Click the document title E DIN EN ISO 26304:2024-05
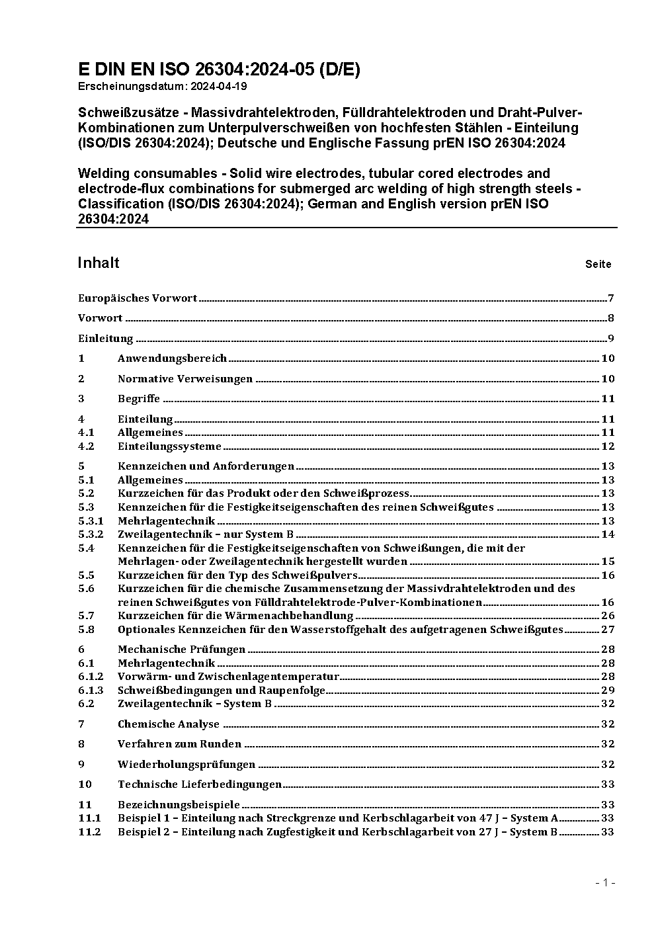[219, 69]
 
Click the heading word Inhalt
[99, 263]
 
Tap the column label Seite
[598, 264]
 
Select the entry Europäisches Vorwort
[138, 298]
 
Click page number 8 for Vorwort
[611, 318]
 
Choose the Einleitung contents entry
[106, 339]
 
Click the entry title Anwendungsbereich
[172, 359]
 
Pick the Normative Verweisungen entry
[185, 379]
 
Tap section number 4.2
[87, 446]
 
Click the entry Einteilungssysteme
[169, 446]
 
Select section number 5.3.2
[91, 534]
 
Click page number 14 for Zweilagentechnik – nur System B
[608, 534]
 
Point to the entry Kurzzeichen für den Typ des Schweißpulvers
[237, 575]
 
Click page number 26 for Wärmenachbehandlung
[608, 616]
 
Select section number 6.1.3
[91, 691]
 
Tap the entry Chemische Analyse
[168, 724]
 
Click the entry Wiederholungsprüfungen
[186, 765]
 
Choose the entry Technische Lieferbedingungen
[200, 784]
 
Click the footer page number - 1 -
[605, 882]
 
